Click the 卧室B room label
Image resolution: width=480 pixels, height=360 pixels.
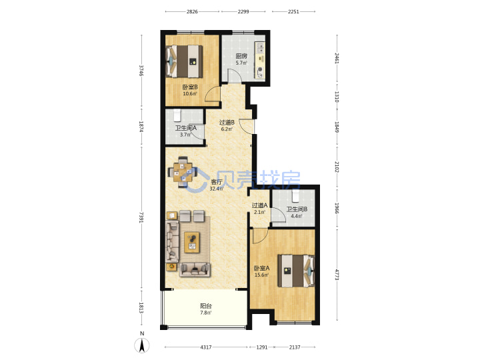(190, 87)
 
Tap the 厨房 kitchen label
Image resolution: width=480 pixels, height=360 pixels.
(241, 56)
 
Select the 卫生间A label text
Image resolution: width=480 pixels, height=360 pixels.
(185, 128)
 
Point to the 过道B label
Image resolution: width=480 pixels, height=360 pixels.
(227, 123)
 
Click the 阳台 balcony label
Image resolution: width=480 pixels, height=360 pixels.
(206, 306)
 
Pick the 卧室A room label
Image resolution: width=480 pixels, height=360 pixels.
(262, 268)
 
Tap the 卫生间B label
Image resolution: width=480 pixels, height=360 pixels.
(297, 209)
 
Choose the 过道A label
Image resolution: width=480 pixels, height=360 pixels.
(259, 205)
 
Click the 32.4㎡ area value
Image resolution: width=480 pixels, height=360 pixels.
(216, 189)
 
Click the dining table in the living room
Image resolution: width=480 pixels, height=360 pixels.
(183, 172)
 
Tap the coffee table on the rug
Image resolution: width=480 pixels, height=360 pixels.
(191, 243)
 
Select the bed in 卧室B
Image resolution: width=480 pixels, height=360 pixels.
(184, 61)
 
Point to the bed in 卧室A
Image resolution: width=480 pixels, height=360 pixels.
(296, 271)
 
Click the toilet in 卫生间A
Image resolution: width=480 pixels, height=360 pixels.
(177, 115)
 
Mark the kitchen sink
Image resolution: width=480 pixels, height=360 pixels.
(260, 47)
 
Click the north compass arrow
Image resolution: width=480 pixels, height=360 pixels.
(142, 345)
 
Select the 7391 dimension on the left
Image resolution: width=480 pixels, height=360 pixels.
(141, 217)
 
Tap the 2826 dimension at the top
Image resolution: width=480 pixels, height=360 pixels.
(192, 11)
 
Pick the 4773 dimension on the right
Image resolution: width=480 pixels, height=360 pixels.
(337, 275)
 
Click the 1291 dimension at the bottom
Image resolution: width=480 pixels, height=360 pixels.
(262, 347)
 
